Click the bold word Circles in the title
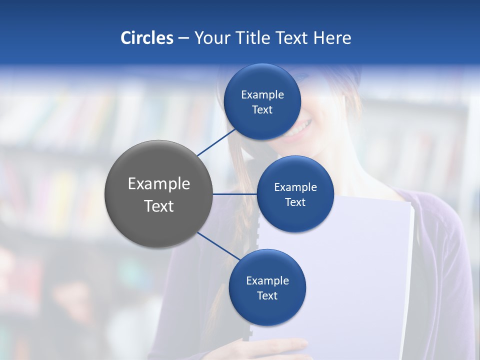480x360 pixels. click(146, 38)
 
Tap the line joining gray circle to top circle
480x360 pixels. click(217, 141)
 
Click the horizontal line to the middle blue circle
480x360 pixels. click(235, 194)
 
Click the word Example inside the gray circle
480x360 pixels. click(158, 184)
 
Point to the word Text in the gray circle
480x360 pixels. click(158, 206)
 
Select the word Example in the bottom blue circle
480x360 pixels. click(267, 281)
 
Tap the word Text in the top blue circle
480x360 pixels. click(262, 110)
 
